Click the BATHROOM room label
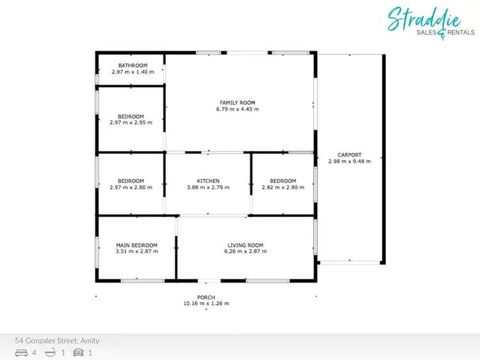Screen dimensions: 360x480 [132, 65]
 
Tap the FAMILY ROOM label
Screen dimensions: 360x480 [237, 102]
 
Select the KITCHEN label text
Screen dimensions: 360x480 [208, 181]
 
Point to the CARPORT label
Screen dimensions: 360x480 [349, 155]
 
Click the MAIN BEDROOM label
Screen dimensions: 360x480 [136, 245]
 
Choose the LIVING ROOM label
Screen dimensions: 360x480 [245, 245]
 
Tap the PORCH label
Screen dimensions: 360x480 [206, 297]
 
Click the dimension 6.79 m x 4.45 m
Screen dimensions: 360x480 [237, 109]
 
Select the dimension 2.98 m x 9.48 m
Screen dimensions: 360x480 [349, 161]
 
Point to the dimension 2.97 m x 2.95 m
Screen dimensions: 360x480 [131, 123]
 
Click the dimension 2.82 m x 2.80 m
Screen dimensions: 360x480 [283, 187]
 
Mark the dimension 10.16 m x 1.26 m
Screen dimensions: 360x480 [206, 304]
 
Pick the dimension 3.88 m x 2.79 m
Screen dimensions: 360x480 [208, 187]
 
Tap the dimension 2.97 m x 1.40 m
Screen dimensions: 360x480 [132, 72]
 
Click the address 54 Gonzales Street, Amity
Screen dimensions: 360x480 [57, 341]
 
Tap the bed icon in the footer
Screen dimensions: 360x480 [21, 352]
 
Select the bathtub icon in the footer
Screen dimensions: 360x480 [51, 352]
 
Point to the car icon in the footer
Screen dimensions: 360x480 [79, 352]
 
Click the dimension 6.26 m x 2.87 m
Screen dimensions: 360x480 [245, 251]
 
